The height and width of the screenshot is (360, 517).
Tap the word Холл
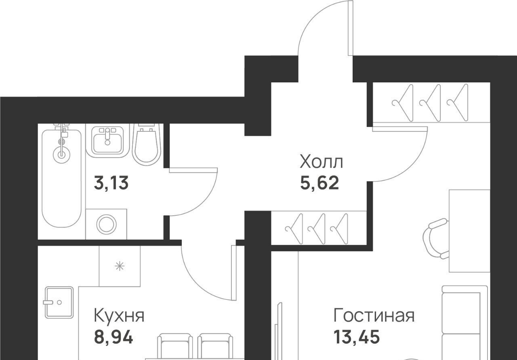(x=321, y=162)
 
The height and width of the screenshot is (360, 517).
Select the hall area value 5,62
(x=319, y=183)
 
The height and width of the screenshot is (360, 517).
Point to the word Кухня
(x=119, y=316)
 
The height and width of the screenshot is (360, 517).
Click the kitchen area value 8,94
(x=113, y=337)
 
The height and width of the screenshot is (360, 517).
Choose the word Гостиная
(x=374, y=316)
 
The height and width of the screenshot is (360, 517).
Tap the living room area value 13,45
(x=357, y=337)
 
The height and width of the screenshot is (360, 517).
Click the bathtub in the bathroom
(x=61, y=178)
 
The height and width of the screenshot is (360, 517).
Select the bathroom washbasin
(x=107, y=141)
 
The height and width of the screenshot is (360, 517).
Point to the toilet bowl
(x=147, y=145)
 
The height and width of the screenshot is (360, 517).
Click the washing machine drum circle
(x=106, y=225)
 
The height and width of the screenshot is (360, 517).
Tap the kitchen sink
(x=59, y=303)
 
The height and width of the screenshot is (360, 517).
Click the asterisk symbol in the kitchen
(x=120, y=266)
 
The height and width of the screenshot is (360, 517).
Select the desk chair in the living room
(x=436, y=239)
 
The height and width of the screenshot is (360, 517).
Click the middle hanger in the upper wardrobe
(x=430, y=103)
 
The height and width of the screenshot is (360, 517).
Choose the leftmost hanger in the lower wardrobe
(x=294, y=229)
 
